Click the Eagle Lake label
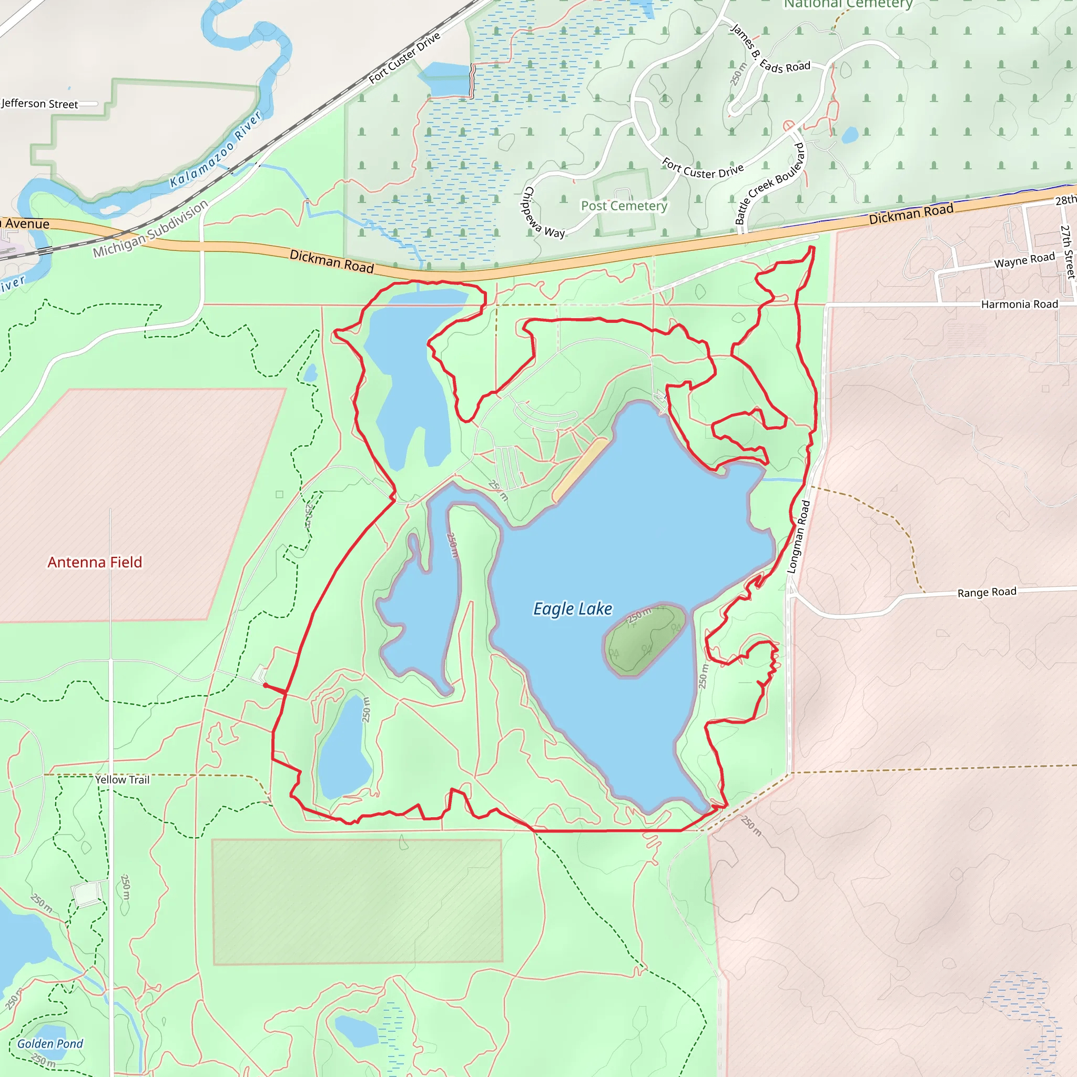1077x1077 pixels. point(573,609)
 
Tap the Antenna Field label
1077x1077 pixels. point(95,562)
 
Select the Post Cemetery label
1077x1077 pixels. point(624,206)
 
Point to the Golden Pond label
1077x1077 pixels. point(49,1043)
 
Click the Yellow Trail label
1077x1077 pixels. point(122,780)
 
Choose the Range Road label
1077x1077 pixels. point(987,592)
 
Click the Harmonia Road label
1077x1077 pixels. point(1019,304)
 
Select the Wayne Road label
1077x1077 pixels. point(1024,260)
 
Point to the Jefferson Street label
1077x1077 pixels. point(39,104)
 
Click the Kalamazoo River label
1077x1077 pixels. point(215,149)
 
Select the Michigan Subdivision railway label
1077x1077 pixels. point(150,229)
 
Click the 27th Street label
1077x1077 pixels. point(1067,251)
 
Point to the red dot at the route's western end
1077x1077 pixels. point(266,685)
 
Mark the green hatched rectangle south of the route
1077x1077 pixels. point(357,901)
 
